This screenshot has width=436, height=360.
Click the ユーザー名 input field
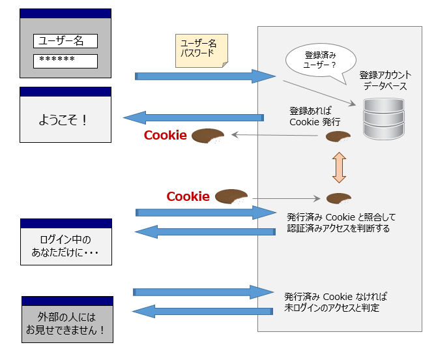pos(65,41)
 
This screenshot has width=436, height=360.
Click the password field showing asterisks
pos(65,61)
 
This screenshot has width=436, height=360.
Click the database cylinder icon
pos(383,119)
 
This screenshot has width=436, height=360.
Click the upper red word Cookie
pos(166,136)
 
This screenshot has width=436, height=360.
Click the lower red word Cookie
pos(188,196)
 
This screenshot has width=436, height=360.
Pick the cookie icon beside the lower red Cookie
pos(231,196)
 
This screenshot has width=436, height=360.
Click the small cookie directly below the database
pos(338,137)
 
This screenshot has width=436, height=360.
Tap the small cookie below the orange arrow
pos(338,198)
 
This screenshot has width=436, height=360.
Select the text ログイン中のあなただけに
pos(66,246)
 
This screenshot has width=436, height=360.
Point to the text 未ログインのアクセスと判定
pos(332,307)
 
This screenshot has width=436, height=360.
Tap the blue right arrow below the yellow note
pos(205,76)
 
